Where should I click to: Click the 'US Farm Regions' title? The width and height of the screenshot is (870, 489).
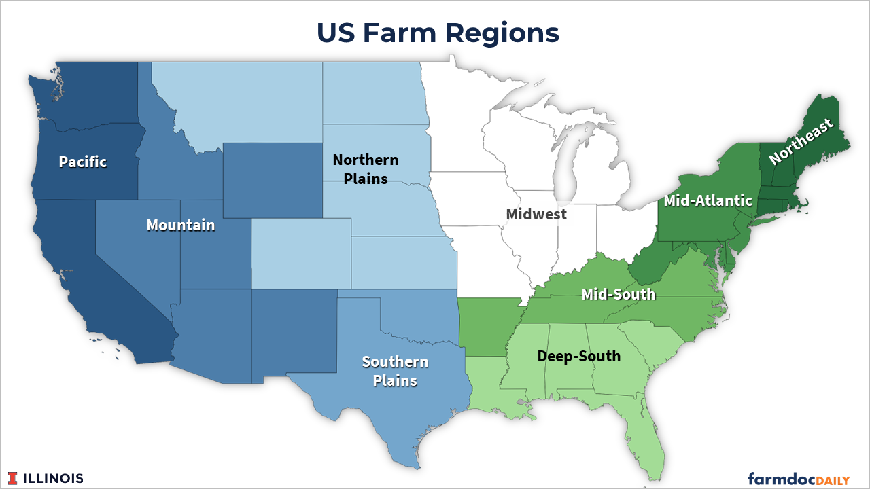pyautogui.click(x=438, y=33)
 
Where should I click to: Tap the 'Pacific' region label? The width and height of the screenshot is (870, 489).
pyautogui.click(x=83, y=162)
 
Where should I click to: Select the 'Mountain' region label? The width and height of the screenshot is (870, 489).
pyautogui.click(x=181, y=225)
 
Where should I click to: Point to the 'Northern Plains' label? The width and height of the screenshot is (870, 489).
pyautogui.click(x=366, y=169)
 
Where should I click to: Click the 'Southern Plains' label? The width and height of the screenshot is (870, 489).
pyautogui.click(x=395, y=371)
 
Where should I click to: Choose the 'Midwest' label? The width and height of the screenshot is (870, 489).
pyautogui.click(x=536, y=214)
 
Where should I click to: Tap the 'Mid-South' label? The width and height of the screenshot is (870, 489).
pyautogui.click(x=619, y=294)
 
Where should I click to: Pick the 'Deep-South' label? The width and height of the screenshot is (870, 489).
pyautogui.click(x=578, y=356)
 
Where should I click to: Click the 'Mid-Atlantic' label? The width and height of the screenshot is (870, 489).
pyautogui.click(x=708, y=200)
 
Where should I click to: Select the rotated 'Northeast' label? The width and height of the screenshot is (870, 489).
pyautogui.click(x=801, y=142)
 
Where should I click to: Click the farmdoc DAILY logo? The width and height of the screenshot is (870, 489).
pyautogui.click(x=799, y=479)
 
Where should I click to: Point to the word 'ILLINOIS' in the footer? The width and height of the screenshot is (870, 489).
pyautogui.click(x=54, y=478)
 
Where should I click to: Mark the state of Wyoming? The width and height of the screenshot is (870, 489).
pyautogui.click(x=272, y=180)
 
